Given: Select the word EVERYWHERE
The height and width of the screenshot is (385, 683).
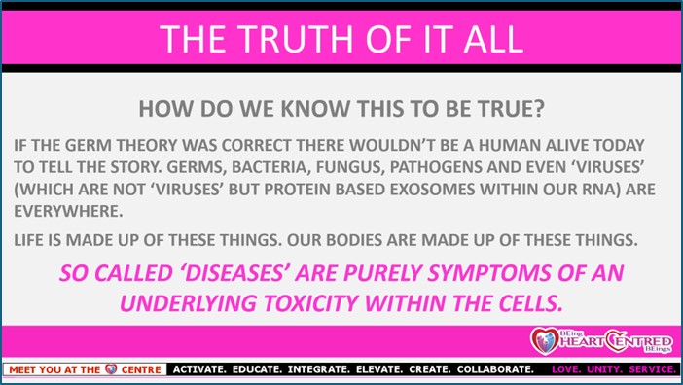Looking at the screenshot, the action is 68,212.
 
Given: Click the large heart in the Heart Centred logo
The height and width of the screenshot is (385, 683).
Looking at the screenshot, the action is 545,340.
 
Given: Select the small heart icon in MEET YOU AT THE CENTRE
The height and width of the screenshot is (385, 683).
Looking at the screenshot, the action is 111,369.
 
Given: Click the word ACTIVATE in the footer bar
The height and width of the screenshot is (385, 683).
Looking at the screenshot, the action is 199,369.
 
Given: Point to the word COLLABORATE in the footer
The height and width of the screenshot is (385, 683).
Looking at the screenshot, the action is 495,369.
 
